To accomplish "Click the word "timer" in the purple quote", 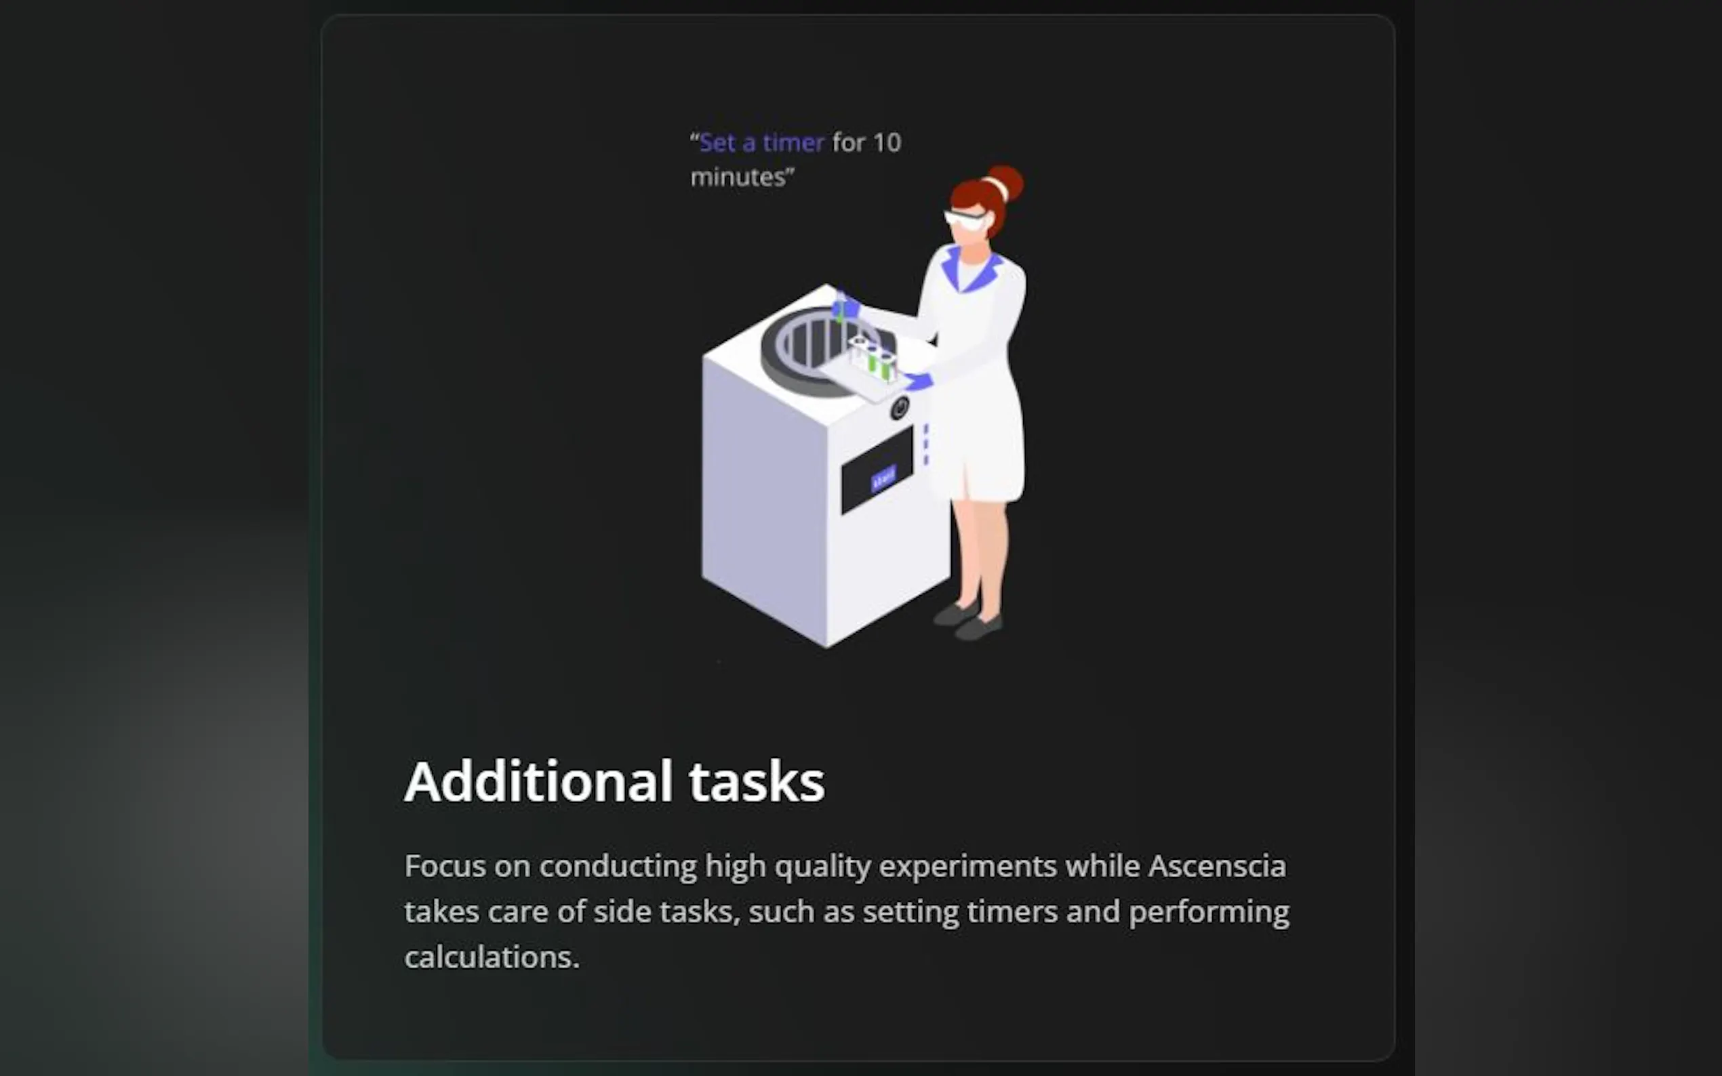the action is click(793, 143).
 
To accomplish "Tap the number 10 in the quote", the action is click(887, 143).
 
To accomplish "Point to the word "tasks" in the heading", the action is click(757, 781).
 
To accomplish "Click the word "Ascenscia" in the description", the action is click(1218, 866).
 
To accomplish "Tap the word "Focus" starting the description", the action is click(445, 866).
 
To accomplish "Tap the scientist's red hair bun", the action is click(1006, 183).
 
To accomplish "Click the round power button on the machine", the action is click(900, 409).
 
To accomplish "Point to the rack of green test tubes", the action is click(873, 358).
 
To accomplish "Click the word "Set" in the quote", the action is click(717, 143).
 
